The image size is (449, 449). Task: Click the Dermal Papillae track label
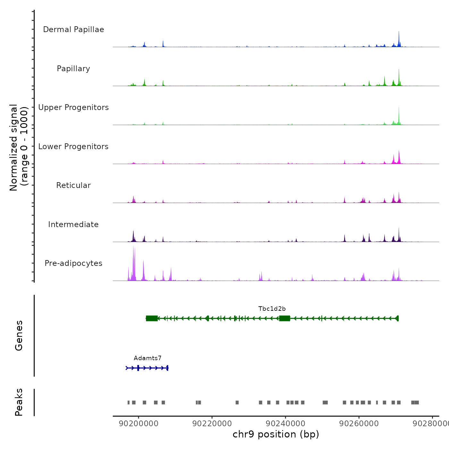click(x=73, y=30)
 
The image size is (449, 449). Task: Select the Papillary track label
click(x=73, y=69)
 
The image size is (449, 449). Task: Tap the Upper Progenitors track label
click(x=73, y=107)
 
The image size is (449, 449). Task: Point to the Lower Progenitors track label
click(x=73, y=147)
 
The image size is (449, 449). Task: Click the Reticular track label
click(x=73, y=185)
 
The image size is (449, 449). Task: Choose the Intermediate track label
click(x=73, y=224)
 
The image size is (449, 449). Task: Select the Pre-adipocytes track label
click(x=73, y=263)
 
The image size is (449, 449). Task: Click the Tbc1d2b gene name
click(x=272, y=309)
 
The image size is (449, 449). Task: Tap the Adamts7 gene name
click(x=148, y=358)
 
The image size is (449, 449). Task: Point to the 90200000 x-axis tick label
click(x=139, y=424)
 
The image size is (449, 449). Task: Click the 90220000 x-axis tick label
click(x=212, y=424)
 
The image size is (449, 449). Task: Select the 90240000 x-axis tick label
click(x=285, y=424)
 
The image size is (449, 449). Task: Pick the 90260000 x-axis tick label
click(x=359, y=424)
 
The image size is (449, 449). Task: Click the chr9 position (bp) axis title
click(x=276, y=434)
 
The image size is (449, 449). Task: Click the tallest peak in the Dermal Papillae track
click(x=399, y=32)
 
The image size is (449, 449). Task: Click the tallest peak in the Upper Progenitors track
click(x=399, y=108)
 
